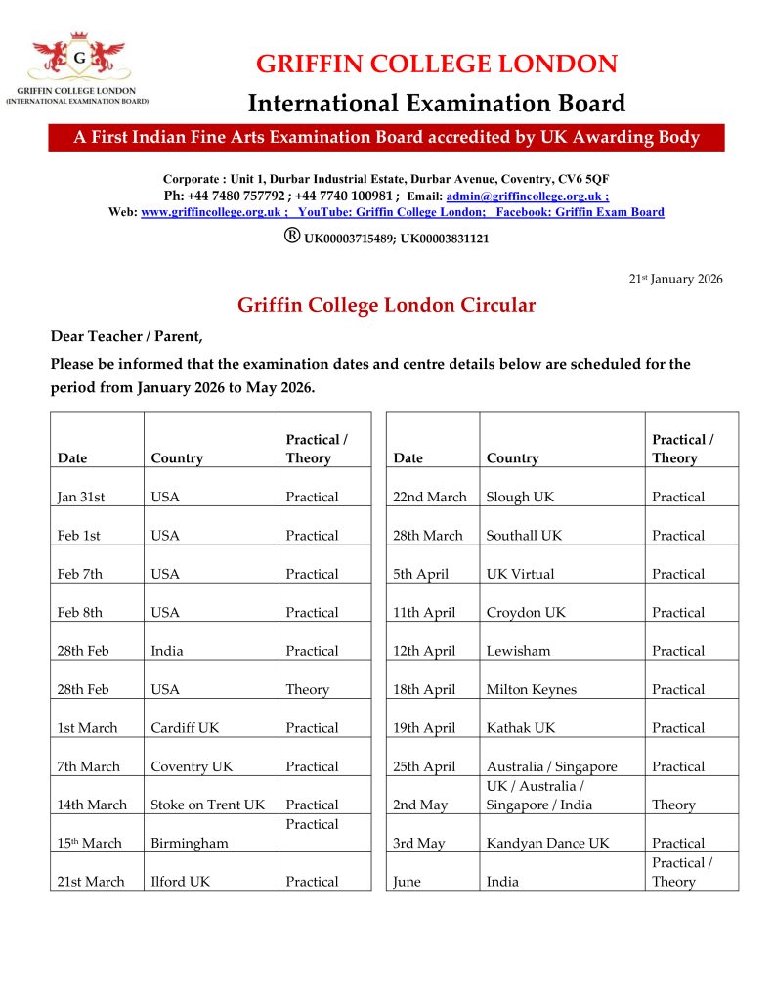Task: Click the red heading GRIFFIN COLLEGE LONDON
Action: pyautogui.click(x=436, y=65)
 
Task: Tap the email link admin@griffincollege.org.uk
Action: pyautogui.click(x=527, y=196)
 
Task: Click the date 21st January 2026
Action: pyautogui.click(x=675, y=280)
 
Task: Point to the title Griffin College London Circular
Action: pyautogui.click(x=386, y=305)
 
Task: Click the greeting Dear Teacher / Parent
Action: pyautogui.click(x=127, y=337)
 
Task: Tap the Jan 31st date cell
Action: pyautogui.click(x=81, y=497)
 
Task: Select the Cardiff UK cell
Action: pyautogui.click(x=182, y=728)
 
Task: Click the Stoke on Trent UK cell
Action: pyautogui.click(x=207, y=805)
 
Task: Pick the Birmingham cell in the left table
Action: pyautogui.click(x=189, y=844)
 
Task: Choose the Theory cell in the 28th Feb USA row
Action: pyautogui.click(x=307, y=690)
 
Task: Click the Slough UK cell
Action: pyautogui.click(x=520, y=497)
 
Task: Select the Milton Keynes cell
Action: pyautogui.click(x=531, y=690)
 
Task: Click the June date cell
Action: pyautogui.click(x=407, y=882)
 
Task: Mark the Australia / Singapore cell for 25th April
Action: pyautogui.click(x=551, y=767)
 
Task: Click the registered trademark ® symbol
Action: pyautogui.click(x=291, y=236)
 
